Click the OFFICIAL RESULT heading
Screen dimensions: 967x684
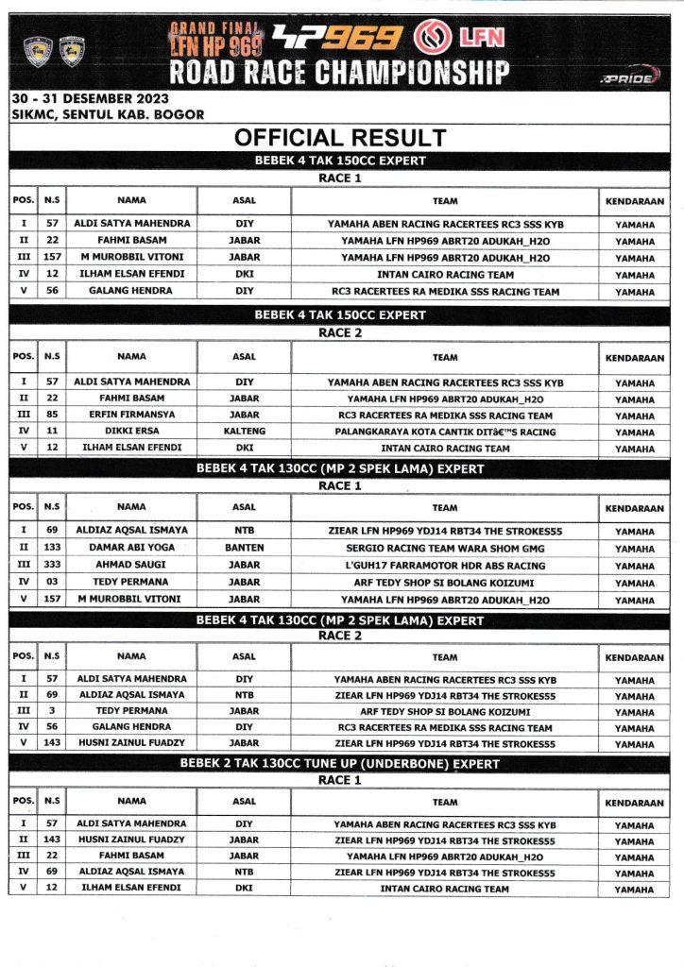340,138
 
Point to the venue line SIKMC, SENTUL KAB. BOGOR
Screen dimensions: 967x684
108,114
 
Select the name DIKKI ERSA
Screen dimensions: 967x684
131,432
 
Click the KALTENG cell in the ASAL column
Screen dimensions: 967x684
244,432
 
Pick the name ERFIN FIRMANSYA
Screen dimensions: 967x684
131,416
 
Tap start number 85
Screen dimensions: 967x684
52,416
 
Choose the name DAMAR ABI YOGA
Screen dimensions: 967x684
131,548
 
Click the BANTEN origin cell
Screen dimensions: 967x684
244,548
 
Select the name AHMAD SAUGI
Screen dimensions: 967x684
131,565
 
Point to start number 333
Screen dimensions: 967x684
52,565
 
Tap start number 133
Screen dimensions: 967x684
52,548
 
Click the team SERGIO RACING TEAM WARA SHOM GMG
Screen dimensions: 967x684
445,548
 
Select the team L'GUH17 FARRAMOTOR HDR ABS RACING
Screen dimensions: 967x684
445,565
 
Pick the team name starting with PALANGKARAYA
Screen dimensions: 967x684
445,432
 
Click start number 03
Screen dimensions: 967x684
52,582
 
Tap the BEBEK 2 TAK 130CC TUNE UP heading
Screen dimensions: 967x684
340,764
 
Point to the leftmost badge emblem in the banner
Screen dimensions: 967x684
39,51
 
